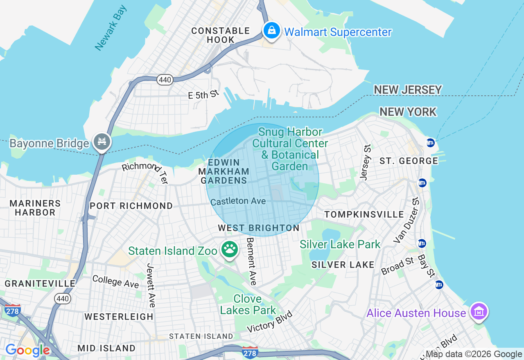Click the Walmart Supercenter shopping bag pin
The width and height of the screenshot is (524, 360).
click(271, 31)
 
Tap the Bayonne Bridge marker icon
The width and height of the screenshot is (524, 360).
click(102, 142)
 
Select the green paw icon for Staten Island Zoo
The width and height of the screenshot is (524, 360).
click(230, 249)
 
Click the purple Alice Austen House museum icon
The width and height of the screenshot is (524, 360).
click(478, 312)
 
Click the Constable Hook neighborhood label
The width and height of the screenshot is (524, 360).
click(221, 35)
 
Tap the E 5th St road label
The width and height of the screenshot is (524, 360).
click(203, 95)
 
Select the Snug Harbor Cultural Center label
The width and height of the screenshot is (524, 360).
click(290, 149)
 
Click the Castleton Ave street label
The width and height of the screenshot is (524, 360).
click(238, 201)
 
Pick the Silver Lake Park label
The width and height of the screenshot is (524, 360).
click(340, 245)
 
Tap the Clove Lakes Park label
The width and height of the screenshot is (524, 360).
click(248, 304)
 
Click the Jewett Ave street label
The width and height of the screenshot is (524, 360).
click(150, 285)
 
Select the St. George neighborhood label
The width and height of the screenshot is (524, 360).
click(409, 161)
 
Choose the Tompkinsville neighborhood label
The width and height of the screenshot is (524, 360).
click(364, 214)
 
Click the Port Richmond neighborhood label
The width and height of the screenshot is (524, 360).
click(131, 206)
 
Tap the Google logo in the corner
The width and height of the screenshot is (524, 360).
click(27, 350)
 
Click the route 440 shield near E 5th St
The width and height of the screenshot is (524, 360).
click(165, 80)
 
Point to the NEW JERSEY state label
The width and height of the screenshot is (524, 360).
click(408, 90)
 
